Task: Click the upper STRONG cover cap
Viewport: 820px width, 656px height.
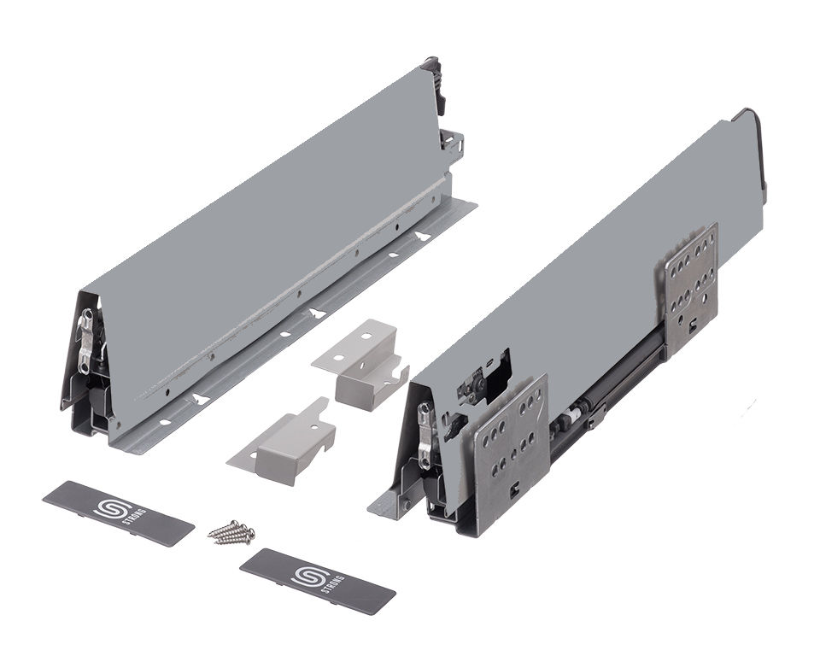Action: (118, 513)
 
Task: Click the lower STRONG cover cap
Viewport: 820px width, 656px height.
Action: (318, 580)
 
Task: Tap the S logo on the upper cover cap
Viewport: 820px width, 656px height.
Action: (108, 508)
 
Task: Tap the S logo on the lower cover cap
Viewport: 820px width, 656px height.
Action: (308, 574)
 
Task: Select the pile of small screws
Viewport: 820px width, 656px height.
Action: (231, 532)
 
